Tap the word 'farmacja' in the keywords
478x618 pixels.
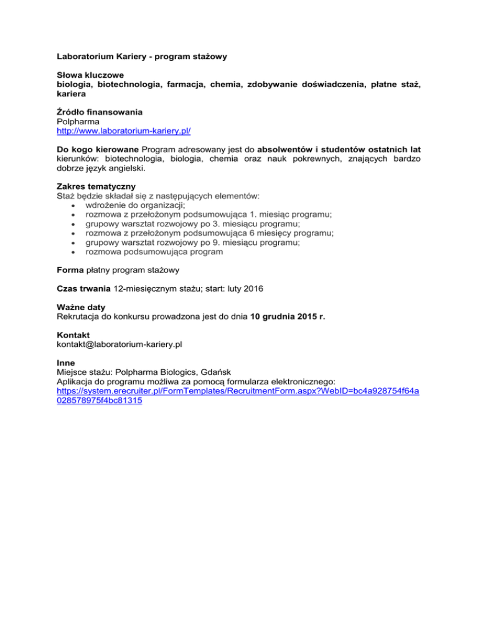click(x=180, y=84)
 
